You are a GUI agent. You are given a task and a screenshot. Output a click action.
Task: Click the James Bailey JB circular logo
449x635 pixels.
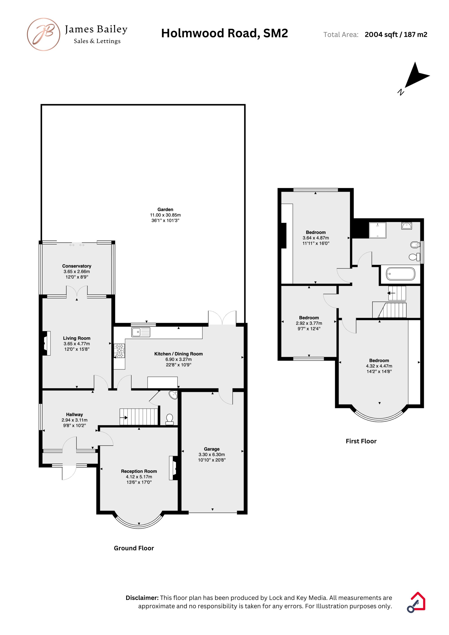(x=43, y=34)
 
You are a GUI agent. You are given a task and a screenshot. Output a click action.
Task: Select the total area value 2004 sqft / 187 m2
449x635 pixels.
(x=396, y=35)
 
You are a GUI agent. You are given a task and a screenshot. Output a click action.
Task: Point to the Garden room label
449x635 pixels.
(x=165, y=209)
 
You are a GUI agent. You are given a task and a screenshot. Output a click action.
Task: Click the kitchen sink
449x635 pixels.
(x=141, y=332)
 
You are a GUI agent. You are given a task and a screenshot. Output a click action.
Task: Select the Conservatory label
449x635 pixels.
(x=77, y=266)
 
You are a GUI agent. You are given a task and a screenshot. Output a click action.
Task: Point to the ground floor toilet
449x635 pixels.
(x=169, y=419)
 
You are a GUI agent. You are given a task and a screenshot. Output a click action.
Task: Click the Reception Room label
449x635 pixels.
(x=139, y=471)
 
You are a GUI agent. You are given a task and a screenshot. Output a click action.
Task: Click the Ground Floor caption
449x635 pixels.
(x=134, y=548)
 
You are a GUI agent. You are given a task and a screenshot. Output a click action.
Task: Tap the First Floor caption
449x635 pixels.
(x=361, y=441)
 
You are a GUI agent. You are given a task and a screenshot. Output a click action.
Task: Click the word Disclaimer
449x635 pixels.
(x=142, y=598)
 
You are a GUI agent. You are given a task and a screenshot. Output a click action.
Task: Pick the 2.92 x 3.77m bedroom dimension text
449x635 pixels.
(x=309, y=323)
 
